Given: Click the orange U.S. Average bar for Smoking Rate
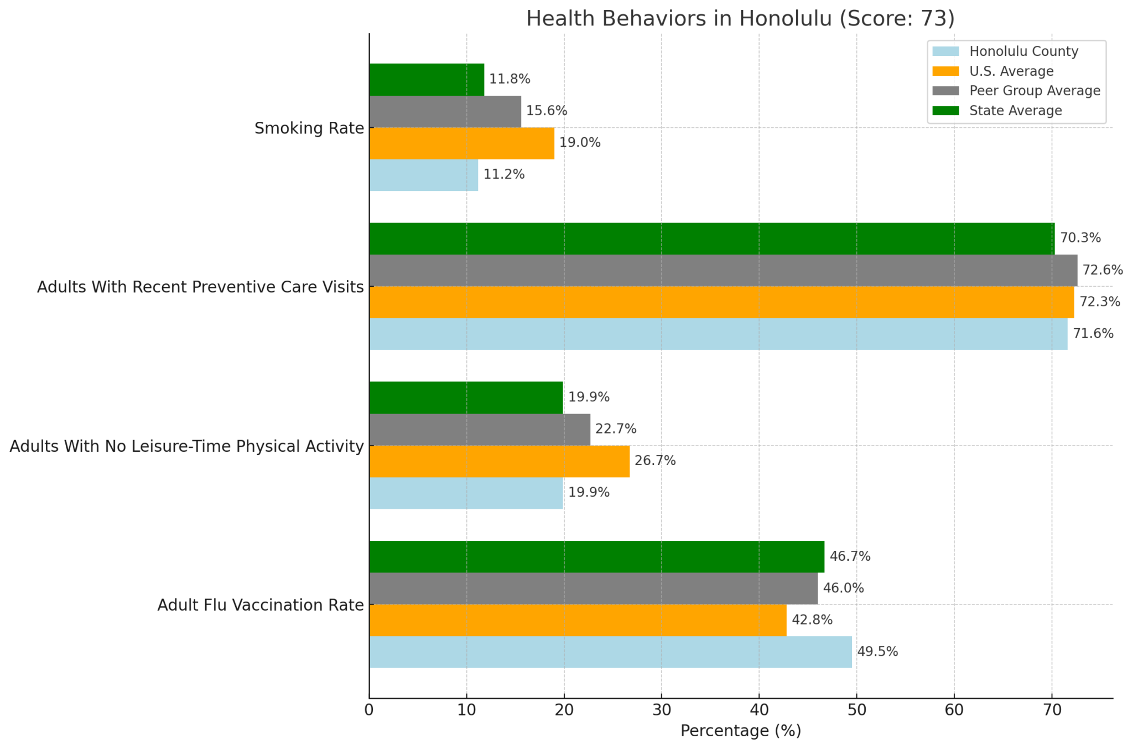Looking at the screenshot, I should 461,143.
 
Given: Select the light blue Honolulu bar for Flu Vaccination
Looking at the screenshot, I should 610,652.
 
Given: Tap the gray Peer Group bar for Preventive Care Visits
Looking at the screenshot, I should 723,270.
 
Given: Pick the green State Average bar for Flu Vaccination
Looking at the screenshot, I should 596,556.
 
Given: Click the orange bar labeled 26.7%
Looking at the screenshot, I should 499,461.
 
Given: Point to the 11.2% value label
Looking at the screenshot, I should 503,175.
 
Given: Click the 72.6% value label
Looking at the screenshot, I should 1103,270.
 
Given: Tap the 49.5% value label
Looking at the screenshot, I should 877,652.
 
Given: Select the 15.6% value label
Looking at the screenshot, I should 546,111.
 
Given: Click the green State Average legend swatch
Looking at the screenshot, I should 945,111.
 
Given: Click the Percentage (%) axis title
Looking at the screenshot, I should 740,731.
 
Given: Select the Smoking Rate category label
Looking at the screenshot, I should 309,128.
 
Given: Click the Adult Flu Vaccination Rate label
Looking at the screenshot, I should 260,605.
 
